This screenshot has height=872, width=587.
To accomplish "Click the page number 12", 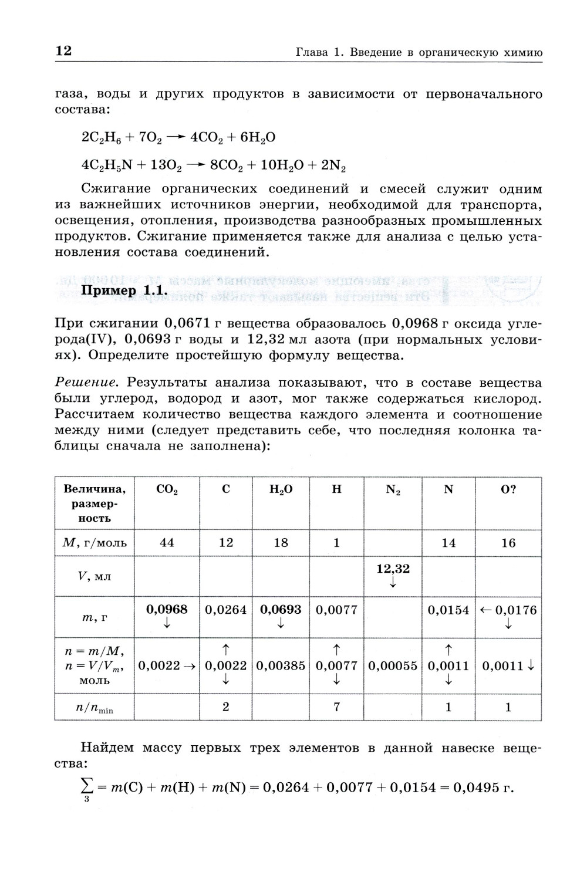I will pyautogui.click(x=63, y=51).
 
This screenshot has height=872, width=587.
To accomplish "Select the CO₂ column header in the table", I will pyautogui.click(x=167, y=489).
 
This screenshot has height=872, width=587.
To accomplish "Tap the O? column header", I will pyautogui.click(x=508, y=489).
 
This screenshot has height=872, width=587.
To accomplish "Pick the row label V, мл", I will pyautogui.click(x=94, y=576).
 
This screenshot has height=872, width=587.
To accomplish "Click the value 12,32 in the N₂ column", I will pyautogui.click(x=393, y=569).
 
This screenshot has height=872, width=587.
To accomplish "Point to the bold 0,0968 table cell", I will pyautogui.click(x=167, y=610).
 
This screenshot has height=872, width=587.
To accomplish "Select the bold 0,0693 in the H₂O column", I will pyautogui.click(x=281, y=610).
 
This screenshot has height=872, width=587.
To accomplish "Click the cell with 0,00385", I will pyautogui.click(x=281, y=666).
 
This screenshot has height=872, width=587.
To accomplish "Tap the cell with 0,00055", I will pyautogui.click(x=393, y=666).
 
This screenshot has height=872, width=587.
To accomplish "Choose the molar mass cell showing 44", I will pyautogui.click(x=167, y=543).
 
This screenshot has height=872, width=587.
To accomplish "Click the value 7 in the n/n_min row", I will pyautogui.click(x=336, y=707).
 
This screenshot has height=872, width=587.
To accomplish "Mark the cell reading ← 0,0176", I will pyautogui.click(x=508, y=610).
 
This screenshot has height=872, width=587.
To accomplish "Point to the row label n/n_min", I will pyautogui.click(x=94, y=708).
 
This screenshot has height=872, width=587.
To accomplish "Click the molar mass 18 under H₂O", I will pyautogui.click(x=281, y=543).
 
